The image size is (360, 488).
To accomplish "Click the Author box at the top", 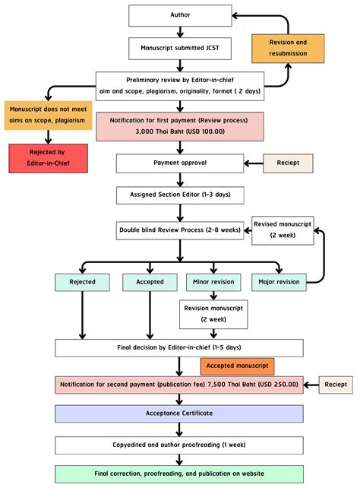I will pos(180,14).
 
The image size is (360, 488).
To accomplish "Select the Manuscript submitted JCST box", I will pos(180,48).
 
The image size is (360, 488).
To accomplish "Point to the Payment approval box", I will pos(180,162).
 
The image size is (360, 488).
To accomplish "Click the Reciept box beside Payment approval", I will pos(287,162).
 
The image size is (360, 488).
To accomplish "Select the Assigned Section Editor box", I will pos(180,195).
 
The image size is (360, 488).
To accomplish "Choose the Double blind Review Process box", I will pos(180,228).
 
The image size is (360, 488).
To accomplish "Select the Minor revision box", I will pos(210,282).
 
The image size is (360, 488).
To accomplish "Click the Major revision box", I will pos(279,282).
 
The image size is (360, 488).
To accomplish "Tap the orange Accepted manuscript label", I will pos(237,366).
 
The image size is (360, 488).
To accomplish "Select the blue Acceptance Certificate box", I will pos(180,414).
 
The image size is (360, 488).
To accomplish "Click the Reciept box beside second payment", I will pos(335,385).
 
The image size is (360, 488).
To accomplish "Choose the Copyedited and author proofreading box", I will pos(180,445).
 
